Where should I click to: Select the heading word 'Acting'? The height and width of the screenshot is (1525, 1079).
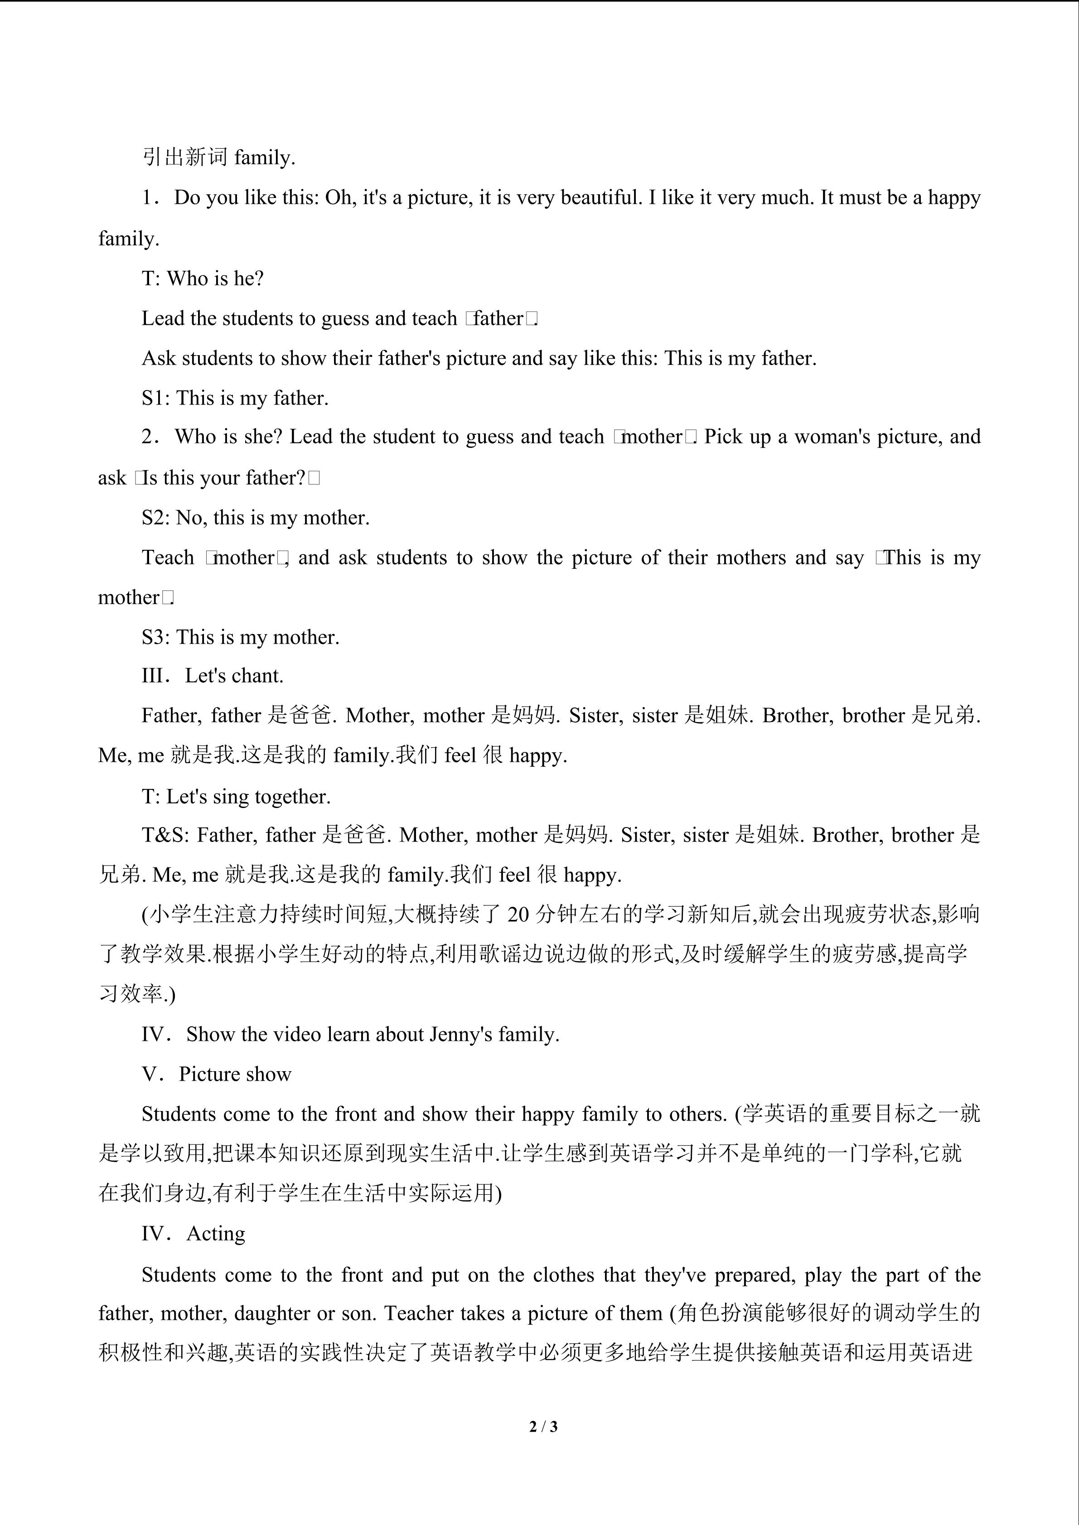coord(216,1233)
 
